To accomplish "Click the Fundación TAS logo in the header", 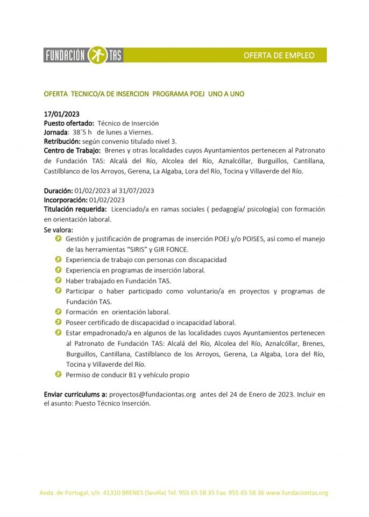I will coord(83,55).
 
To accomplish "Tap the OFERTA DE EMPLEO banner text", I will coord(278,55).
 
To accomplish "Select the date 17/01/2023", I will coord(61,114).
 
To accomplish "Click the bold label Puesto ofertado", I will coord(69,123).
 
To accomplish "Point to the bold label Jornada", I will coord(56,132).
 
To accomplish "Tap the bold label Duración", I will coord(58,191).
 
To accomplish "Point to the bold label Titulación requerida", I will coord(75,208).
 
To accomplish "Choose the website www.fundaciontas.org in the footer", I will coord(297,493).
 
